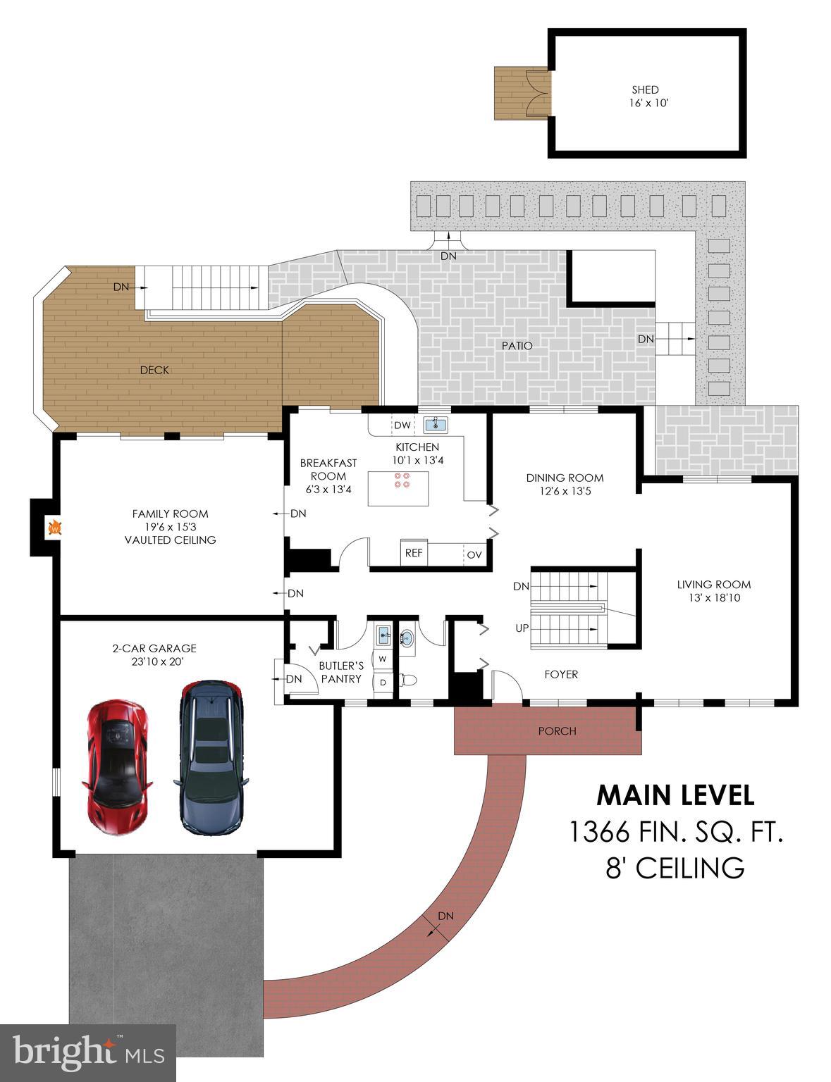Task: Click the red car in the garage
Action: (x=116, y=757)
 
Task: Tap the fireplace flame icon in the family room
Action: (x=54, y=527)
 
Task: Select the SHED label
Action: (x=645, y=90)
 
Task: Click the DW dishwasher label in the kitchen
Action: (x=402, y=425)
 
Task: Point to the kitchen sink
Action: (x=435, y=424)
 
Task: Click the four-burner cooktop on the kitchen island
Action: (x=402, y=480)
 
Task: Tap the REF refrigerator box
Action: (x=414, y=553)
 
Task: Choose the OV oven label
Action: (x=474, y=555)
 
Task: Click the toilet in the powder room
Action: (x=407, y=680)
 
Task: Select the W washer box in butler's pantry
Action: (x=383, y=659)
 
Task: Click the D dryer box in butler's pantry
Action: (x=383, y=682)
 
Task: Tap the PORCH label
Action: (x=557, y=731)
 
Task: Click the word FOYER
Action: (x=561, y=674)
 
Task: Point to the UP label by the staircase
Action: (x=522, y=628)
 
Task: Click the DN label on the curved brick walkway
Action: (x=445, y=916)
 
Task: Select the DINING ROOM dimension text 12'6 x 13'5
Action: (x=565, y=491)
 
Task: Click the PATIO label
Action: (x=517, y=346)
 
